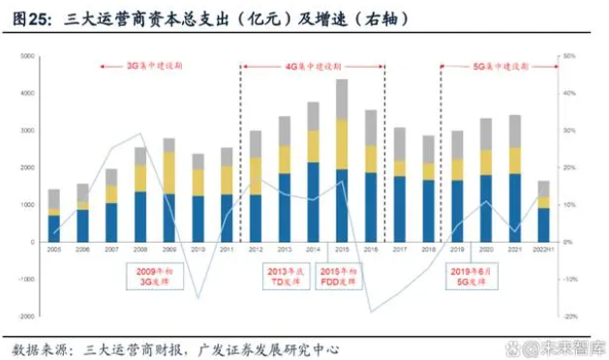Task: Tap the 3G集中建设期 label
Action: click(155, 66)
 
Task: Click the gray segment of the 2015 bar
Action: click(342, 99)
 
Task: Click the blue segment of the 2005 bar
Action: click(54, 228)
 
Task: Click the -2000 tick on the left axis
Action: click(27, 316)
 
